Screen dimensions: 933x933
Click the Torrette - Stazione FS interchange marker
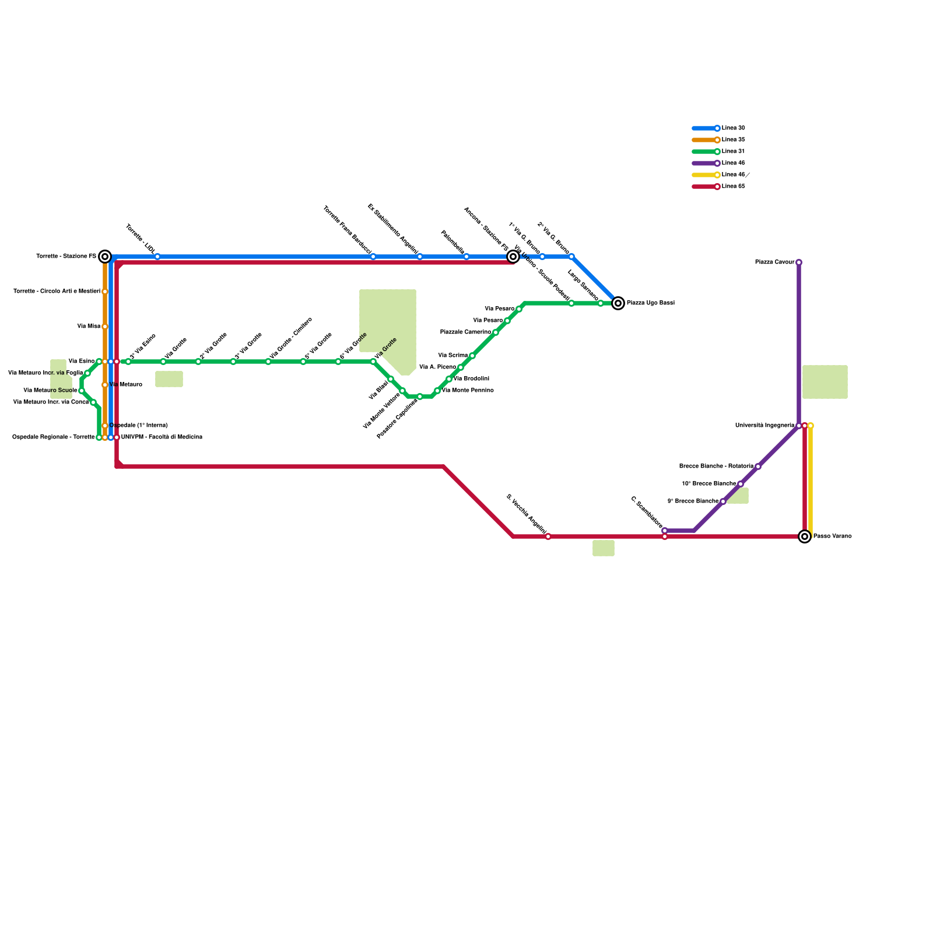click(105, 257)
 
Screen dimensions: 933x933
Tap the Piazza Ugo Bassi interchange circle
click(618, 303)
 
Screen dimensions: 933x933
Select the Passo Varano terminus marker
click(805, 536)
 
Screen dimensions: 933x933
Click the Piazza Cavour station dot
click(799, 262)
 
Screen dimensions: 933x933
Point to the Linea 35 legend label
click(733, 140)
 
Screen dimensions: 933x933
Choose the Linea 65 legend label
click(733, 187)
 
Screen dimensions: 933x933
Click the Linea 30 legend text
click(733, 128)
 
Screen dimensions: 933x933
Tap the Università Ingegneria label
click(764, 426)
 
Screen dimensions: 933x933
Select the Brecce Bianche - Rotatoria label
click(716, 466)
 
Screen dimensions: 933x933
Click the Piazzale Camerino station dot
click(496, 332)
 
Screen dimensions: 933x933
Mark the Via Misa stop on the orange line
click(105, 327)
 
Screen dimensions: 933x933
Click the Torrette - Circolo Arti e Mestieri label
click(57, 292)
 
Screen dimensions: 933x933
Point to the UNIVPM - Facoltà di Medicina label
click(162, 437)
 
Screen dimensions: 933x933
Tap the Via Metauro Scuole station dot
click(82, 391)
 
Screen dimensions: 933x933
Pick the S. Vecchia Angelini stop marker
click(548, 536)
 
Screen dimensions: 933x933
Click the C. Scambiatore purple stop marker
click(665, 531)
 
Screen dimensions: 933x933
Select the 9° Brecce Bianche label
click(693, 501)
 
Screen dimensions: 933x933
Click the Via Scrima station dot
click(472, 356)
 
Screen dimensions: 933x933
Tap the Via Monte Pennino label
click(468, 391)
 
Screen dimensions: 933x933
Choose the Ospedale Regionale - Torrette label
click(53, 437)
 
